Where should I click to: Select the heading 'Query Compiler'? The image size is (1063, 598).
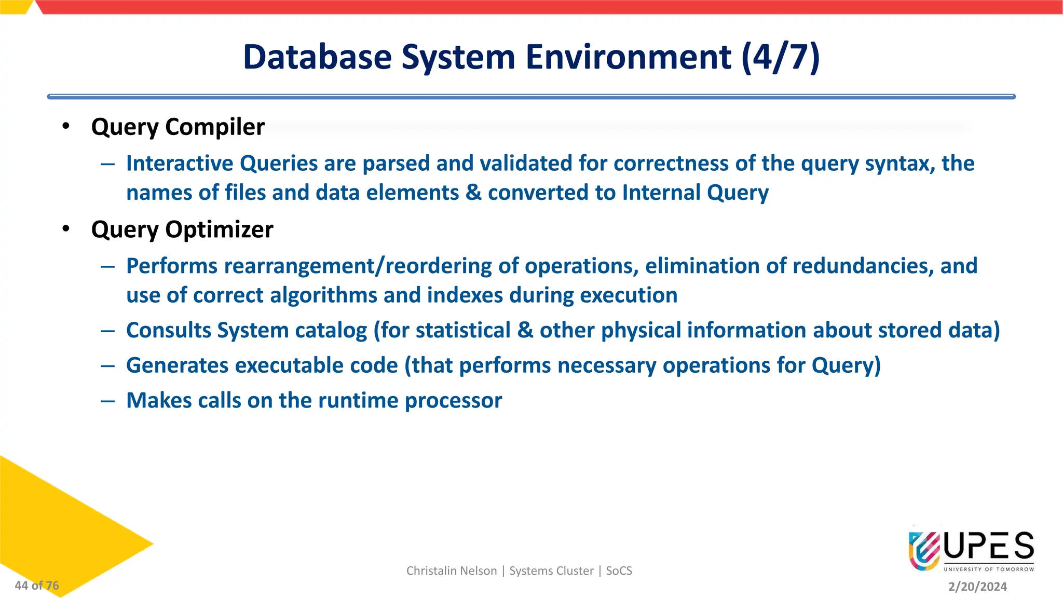click(x=178, y=127)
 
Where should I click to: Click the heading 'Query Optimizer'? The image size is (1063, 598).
click(x=182, y=229)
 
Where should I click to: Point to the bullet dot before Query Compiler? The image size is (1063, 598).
click(x=65, y=126)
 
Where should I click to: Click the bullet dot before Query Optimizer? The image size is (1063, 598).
click(x=65, y=228)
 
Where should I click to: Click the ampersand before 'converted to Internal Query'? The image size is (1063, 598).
click(x=473, y=193)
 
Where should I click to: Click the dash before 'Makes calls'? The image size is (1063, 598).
click(x=108, y=401)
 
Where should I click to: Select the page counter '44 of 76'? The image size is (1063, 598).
click(x=37, y=586)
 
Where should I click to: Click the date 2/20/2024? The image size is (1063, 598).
click(x=977, y=587)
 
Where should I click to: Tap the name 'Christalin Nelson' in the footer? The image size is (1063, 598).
click(x=451, y=571)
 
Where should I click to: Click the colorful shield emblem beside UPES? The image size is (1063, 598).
click(x=924, y=550)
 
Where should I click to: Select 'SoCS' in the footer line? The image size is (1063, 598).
click(x=619, y=571)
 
